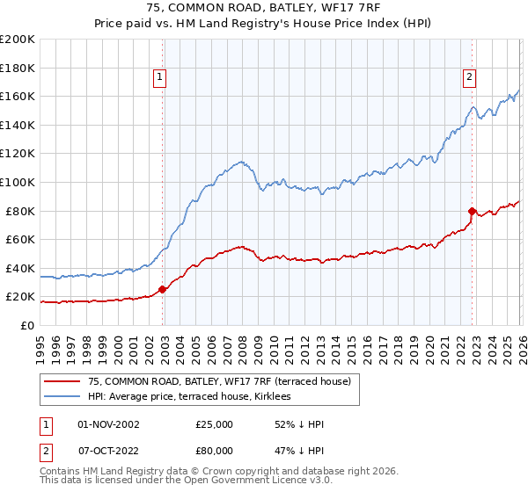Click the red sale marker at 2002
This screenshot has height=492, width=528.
click(x=162, y=289)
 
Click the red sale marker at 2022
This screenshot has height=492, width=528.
click(x=473, y=211)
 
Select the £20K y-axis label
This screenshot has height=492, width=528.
click(x=20, y=297)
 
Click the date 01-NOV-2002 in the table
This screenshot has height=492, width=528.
click(x=109, y=424)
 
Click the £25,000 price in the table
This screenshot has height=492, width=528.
click(x=216, y=424)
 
